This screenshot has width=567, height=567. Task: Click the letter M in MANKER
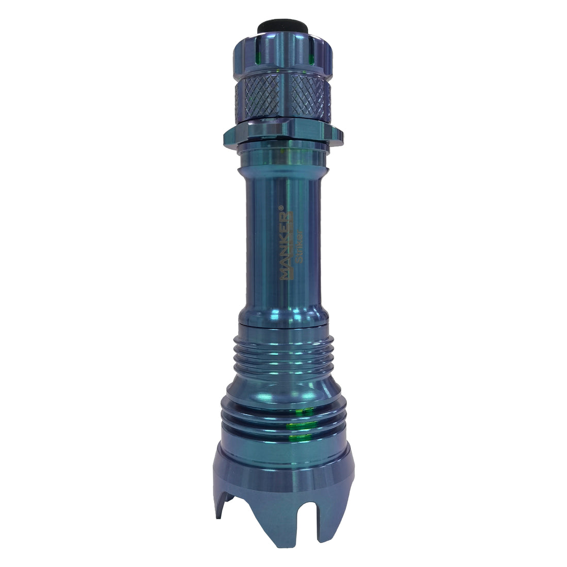[x=285, y=274]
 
